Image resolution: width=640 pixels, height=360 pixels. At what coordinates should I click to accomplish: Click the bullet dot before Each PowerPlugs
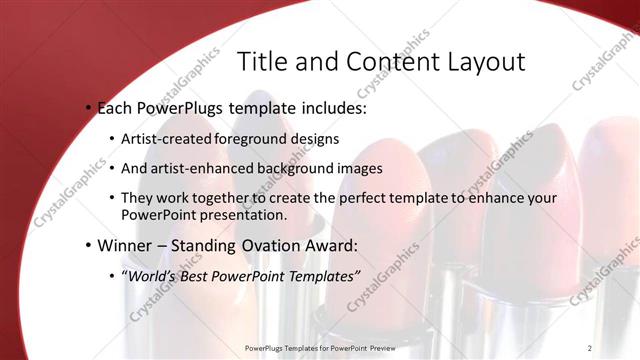[88, 107]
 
